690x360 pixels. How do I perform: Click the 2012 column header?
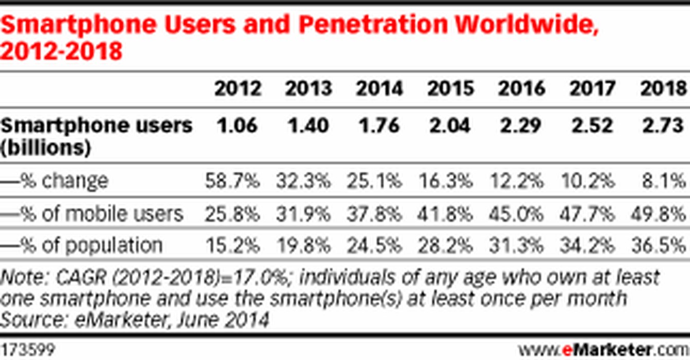point(238,89)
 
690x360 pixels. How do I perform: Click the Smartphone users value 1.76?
point(379,125)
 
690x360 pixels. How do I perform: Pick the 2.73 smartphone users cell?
point(663,125)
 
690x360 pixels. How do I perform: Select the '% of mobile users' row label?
point(92,213)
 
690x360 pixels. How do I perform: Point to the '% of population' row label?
point(82,245)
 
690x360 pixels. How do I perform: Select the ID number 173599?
point(27,351)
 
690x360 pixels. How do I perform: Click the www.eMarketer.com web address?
point(603,351)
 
